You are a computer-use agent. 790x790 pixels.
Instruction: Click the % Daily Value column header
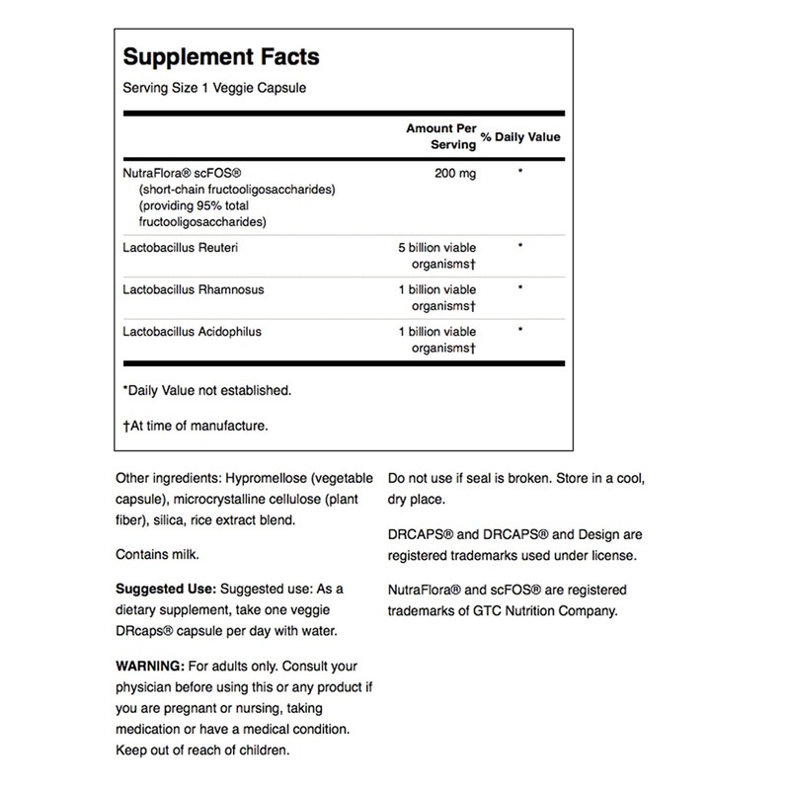coord(521,135)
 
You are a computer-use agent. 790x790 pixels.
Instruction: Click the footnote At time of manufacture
coord(192,427)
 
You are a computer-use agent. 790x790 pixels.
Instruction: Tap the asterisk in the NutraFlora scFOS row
coord(518,173)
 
